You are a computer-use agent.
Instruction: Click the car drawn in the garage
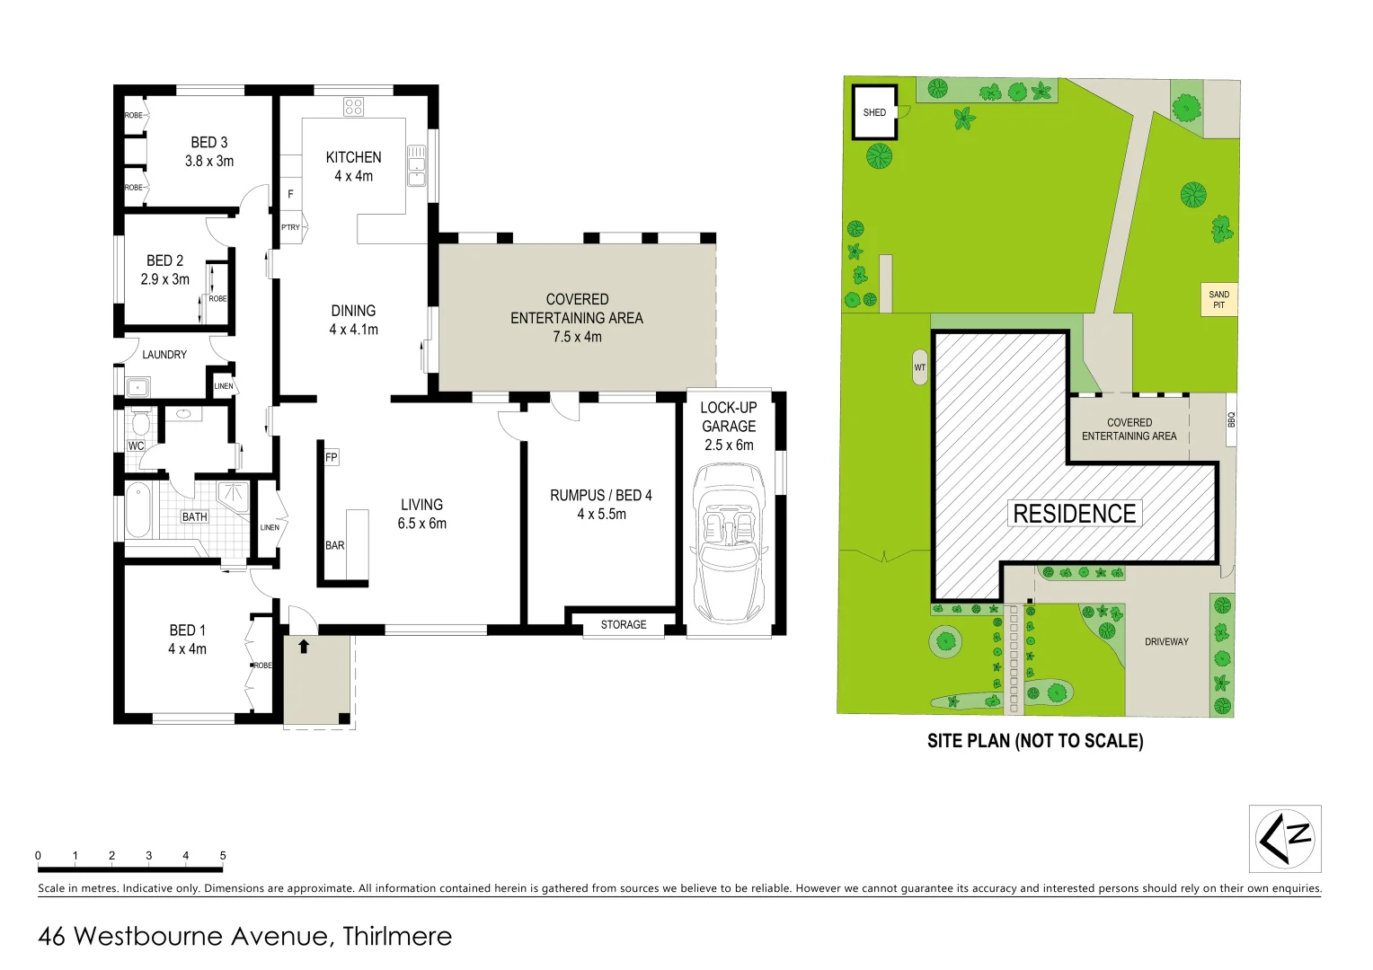coord(729,543)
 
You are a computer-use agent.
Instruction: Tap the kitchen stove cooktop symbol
coord(353,107)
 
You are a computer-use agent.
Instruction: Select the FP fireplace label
coord(332,457)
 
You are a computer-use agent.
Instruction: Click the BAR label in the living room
coord(335,545)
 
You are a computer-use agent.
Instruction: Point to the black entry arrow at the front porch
coord(304,646)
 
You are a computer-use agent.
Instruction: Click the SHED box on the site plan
coord(874,112)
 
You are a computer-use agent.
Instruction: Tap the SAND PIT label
coord(1218,300)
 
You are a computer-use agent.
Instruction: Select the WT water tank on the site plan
coord(919,367)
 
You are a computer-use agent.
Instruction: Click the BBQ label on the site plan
coord(1231,420)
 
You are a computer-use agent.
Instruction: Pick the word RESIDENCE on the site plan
coord(1074,514)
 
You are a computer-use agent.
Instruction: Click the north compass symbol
coord(1285,838)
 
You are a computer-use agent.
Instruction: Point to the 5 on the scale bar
coord(223,856)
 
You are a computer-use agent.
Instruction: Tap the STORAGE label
coord(624,625)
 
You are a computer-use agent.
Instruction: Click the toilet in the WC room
coord(140,422)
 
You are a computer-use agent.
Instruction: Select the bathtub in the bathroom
coord(138,510)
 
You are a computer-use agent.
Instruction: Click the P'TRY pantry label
coord(290,228)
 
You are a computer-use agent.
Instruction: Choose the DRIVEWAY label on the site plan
coord(1166,642)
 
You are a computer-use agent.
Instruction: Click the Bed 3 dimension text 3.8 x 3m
coord(209,162)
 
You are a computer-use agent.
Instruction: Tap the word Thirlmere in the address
coord(397,936)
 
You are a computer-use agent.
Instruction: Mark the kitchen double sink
coord(417,166)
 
